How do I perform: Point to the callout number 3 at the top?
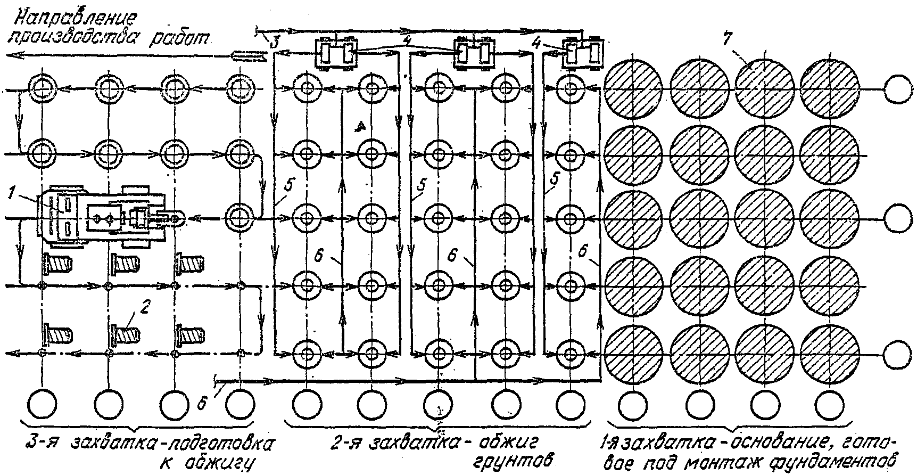pyautogui.click(x=274, y=42)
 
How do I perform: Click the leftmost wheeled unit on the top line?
pyautogui.click(x=336, y=52)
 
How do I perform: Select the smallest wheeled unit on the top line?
pyautogui.click(x=582, y=52)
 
